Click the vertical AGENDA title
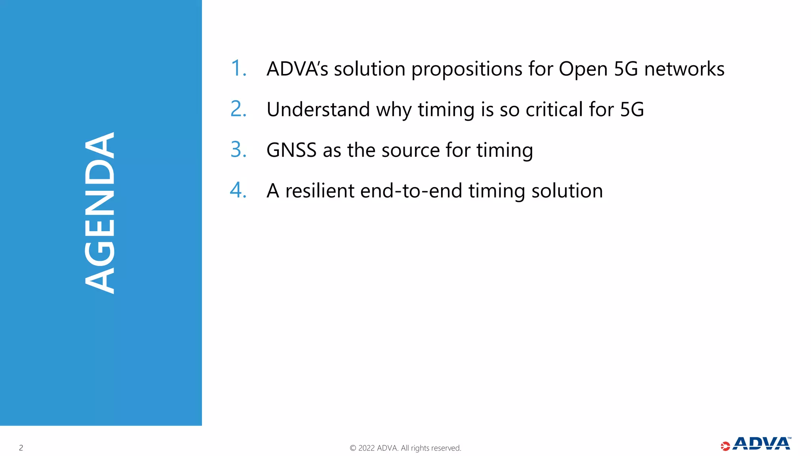click(100, 213)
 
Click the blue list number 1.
click(238, 68)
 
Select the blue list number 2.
click(238, 109)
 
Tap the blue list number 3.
click(238, 150)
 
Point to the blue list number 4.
click(238, 190)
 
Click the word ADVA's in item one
click(297, 69)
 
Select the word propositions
click(467, 70)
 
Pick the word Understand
click(318, 110)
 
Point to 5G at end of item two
click(632, 110)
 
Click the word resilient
click(320, 191)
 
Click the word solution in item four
click(567, 191)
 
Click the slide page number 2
click(21, 448)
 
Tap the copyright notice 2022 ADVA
click(405, 448)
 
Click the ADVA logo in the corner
click(756, 444)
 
